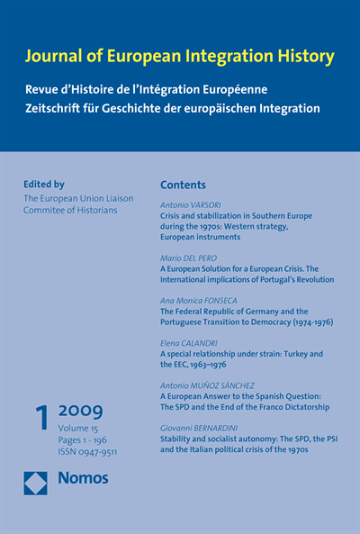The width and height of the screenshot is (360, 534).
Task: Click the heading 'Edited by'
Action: [44, 184]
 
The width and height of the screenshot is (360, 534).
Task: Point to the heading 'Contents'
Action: [183, 184]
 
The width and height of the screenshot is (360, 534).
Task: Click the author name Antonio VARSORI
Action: [193, 205]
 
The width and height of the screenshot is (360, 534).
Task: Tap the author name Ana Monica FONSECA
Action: [199, 300]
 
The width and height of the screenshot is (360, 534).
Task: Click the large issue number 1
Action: [40, 421]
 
